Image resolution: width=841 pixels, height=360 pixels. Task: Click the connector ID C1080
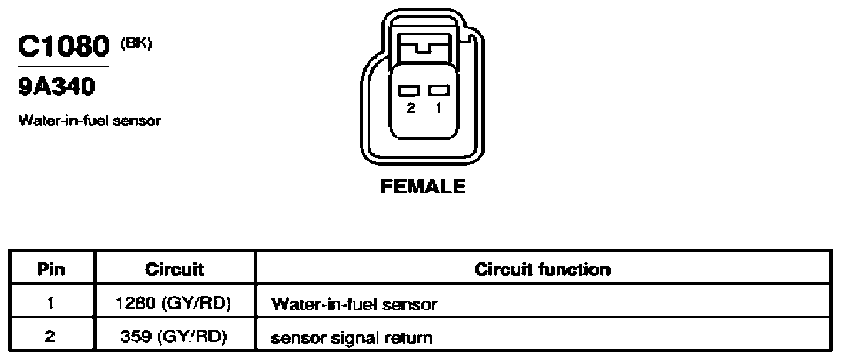(x=63, y=46)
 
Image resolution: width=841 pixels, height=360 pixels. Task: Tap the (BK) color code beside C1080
(x=136, y=43)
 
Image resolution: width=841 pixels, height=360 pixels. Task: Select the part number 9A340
(x=57, y=87)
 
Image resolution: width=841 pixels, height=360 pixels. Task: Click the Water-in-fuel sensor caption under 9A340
(x=90, y=121)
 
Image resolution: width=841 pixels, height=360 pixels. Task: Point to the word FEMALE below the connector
(x=424, y=186)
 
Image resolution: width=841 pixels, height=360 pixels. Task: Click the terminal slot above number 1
(x=439, y=90)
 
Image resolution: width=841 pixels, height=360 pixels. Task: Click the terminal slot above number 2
(x=409, y=90)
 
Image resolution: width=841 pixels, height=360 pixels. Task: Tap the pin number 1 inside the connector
(x=439, y=108)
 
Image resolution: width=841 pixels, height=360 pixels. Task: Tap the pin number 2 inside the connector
(x=411, y=108)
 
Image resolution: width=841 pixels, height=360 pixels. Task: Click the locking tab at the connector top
(x=424, y=44)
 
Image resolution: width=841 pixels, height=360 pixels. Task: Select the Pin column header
(x=51, y=269)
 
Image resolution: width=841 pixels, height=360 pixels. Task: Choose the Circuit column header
(x=175, y=269)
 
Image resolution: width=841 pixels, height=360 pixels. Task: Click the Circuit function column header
(x=542, y=269)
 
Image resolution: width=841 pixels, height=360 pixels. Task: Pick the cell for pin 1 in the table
(x=51, y=303)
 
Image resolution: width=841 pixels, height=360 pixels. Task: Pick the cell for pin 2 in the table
(x=51, y=337)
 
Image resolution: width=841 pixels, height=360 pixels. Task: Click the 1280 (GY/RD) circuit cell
(x=174, y=303)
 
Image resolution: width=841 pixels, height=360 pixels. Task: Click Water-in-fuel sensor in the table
(x=354, y=305)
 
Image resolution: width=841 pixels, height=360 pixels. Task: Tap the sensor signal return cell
(x=351, y=339)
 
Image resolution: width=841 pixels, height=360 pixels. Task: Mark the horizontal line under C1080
(x=63, y=66)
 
